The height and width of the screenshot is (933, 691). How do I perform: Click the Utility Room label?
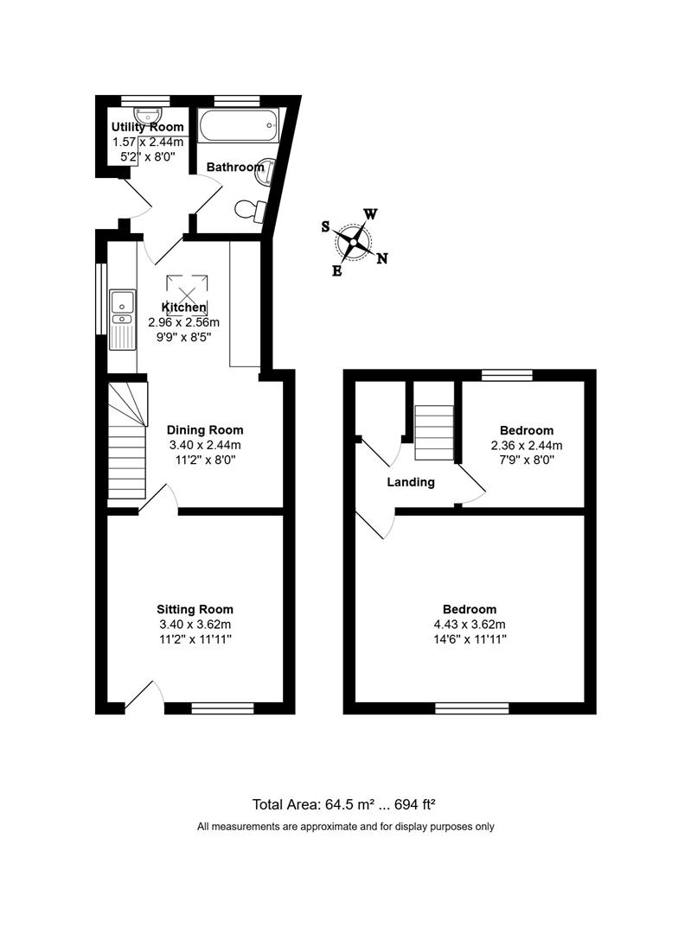[147, 127]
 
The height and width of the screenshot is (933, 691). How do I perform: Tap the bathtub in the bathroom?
[239, 125]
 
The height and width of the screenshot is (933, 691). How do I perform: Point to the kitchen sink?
[122, 320]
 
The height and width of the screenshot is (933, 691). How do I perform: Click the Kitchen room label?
[184, 307]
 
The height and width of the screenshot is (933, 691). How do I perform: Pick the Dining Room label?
[205, 429]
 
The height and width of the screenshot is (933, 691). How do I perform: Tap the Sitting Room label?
[195, 609]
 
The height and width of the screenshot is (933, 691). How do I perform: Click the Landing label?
[411, 482]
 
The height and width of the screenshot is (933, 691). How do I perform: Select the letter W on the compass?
[370, 214]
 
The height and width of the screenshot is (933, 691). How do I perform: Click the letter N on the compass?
[382, 258]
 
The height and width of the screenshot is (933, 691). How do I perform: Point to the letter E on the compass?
[337, 271]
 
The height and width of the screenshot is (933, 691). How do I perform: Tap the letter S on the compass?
[325, 226]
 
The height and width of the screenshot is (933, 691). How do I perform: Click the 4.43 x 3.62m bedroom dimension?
[470, 625]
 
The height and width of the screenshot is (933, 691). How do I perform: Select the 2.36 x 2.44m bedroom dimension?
[527, 445]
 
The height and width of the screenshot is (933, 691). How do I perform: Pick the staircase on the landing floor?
[434, 433]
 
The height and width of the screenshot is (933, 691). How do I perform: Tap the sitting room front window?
[223, 708]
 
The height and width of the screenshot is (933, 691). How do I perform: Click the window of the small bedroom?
[507, 375]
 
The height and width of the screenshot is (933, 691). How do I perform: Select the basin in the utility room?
[145, 115]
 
